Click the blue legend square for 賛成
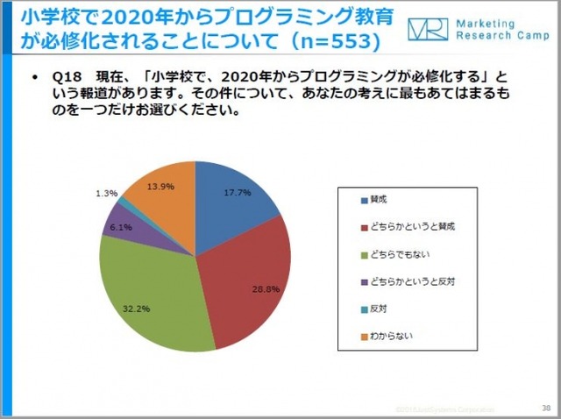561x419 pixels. tap(365, 200)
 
